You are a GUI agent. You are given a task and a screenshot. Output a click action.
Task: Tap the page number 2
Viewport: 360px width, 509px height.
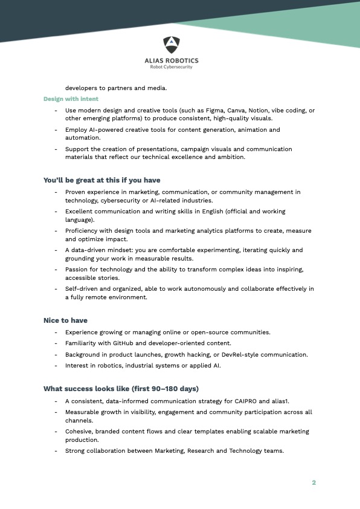(x=314, y=482)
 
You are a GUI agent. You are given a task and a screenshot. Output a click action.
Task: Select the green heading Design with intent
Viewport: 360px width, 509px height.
(x=71, y=99)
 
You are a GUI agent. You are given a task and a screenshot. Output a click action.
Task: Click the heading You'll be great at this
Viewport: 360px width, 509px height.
(x=101, y=180)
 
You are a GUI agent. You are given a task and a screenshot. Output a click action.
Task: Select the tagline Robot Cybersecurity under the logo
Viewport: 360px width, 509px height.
(x=172, y=66)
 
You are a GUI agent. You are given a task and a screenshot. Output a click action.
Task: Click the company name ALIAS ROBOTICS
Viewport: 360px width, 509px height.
(x=172, y=60)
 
